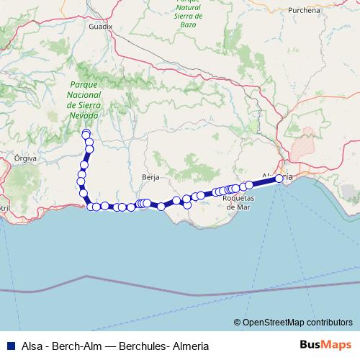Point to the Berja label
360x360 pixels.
pos(150,176)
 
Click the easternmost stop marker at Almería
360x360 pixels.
pos(279,178)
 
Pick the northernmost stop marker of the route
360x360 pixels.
pos(86,132)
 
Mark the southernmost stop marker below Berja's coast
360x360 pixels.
pos(161,207)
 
